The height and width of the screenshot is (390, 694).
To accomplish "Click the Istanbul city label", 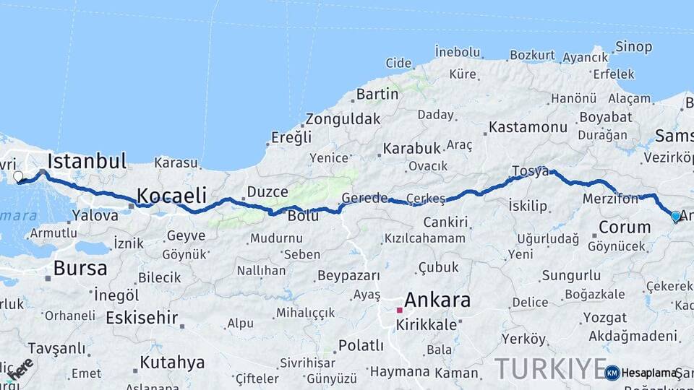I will tap(87, 160).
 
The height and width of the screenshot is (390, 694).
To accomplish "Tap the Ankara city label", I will tap(437, 300).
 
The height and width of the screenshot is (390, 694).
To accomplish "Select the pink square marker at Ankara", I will tap(399, 310).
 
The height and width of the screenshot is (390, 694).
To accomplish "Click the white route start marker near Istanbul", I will tap(18, 176).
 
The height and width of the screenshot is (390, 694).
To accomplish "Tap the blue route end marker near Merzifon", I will tap(676, 216).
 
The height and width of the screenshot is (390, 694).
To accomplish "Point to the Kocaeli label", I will tap(171, 195).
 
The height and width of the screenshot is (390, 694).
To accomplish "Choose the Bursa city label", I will tap(80, 269).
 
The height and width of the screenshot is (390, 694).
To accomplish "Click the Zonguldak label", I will tap(342, 119).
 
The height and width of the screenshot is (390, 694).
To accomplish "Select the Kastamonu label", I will tap(528, 127).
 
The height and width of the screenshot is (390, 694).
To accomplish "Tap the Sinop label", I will tap(633, 47).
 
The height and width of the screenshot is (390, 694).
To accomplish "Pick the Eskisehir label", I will tap(142, 317).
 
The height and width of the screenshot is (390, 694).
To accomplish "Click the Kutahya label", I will tap(172, 362).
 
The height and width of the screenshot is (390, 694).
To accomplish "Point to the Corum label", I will tap(625, 227).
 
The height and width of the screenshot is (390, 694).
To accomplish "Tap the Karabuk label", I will tap(411, 148).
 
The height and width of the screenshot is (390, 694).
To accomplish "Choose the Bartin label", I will tap(377, 94).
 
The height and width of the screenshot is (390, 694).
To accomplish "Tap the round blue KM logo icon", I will tap(612, 373).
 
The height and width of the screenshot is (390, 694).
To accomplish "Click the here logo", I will tap(20, 369).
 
